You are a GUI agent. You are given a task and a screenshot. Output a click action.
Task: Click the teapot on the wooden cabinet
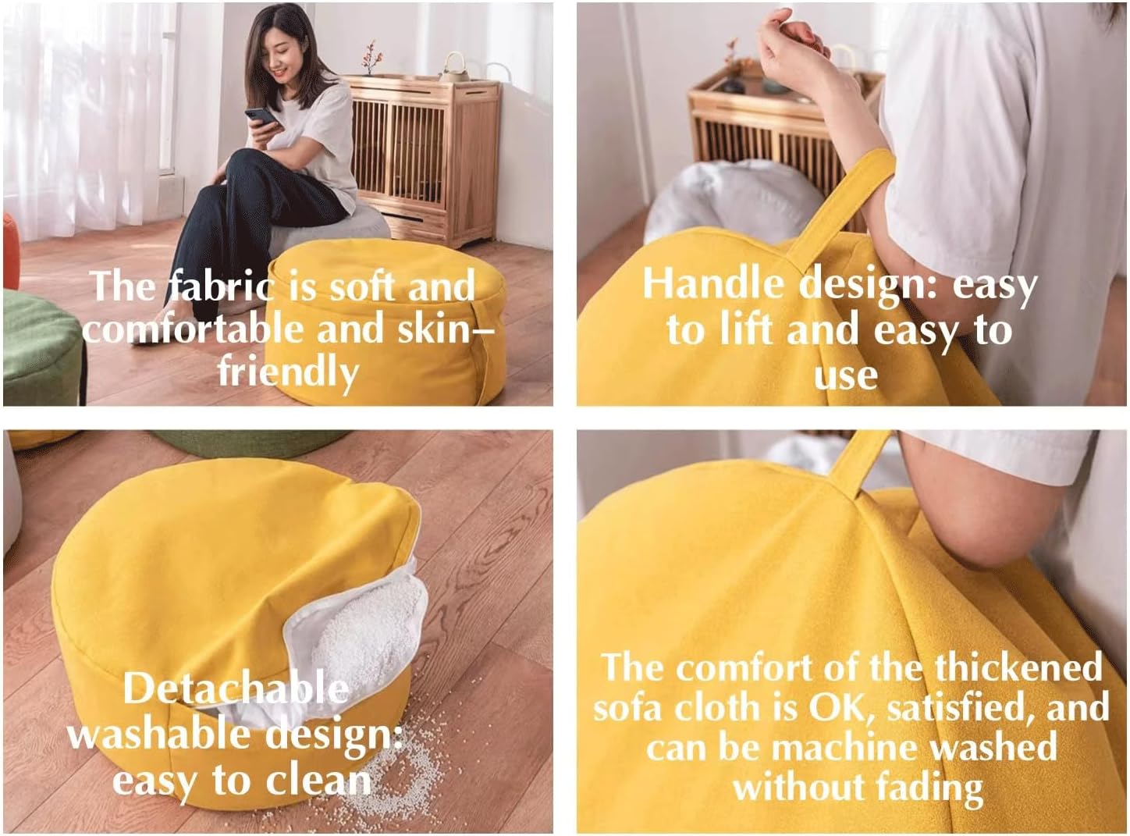[454, 67]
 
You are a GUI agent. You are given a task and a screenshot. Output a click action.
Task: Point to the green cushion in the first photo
[42, 347]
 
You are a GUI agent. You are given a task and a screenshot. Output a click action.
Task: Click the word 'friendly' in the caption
[289, 372]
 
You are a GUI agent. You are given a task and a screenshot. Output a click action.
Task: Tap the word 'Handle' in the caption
[713, 284]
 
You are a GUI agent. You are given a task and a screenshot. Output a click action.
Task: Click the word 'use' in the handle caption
[846, 375]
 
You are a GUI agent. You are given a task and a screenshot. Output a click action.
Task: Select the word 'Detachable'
[236, 688]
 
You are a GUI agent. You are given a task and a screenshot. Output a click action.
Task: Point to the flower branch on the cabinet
[371, 57]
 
